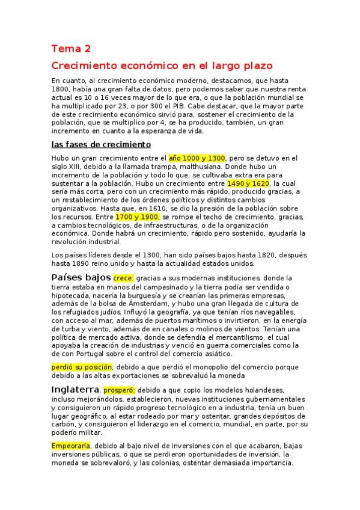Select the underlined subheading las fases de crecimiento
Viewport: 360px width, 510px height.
tap(101, 145)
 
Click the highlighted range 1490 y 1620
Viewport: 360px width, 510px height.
tap(249, 183)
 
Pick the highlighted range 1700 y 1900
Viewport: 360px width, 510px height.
tap(137, 217)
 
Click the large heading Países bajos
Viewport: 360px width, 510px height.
tap(81, 277)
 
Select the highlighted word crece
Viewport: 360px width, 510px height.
tap(123, 278)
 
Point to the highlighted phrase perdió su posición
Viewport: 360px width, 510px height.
tap(82, 366)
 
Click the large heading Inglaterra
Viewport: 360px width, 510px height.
tap(75, 389)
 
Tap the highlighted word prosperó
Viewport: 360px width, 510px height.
tap(119, 390)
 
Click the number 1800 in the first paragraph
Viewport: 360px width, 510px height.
tap(61, 90)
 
